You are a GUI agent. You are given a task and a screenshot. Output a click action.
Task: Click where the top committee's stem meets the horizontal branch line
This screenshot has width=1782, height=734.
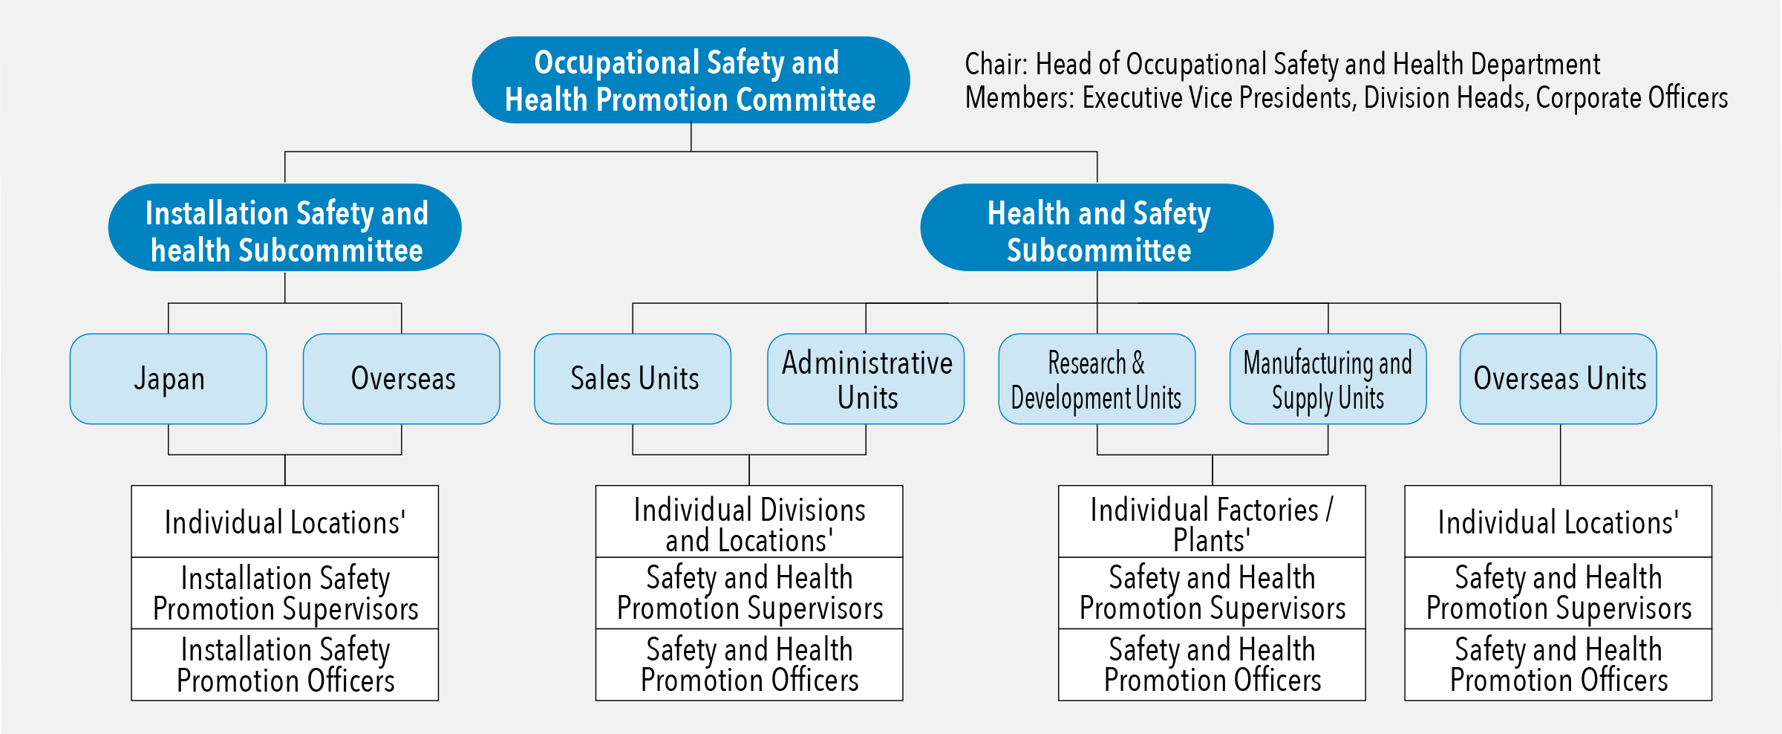691,152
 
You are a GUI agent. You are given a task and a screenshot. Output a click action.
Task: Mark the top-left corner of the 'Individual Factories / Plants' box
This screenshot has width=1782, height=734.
1059,486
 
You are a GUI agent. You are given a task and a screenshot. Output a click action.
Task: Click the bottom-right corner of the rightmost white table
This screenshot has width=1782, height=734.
1711,700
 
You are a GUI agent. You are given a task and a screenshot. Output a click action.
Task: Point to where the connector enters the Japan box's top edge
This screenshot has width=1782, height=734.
169,334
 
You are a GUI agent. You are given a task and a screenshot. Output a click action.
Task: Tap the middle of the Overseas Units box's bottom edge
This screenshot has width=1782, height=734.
1560,423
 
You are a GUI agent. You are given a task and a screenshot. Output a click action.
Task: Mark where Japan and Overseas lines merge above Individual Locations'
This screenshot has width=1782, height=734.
285,454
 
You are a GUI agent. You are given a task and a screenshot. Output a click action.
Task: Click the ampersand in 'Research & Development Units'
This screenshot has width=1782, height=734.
1138,363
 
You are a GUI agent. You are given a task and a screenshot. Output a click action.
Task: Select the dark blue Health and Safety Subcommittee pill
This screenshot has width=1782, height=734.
1097,227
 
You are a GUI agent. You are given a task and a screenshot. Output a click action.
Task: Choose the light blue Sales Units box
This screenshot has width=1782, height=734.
633,379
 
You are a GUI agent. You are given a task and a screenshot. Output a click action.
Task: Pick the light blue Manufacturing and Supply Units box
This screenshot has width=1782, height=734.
1328,379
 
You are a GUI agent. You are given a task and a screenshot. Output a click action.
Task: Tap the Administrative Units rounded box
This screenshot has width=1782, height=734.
866,379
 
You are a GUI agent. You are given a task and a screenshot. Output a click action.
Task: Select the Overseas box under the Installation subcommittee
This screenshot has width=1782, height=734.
402,379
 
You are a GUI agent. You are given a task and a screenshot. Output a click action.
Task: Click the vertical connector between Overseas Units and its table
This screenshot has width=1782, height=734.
1560,455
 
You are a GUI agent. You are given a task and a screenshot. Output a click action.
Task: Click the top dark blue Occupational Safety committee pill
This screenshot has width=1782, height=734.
691,80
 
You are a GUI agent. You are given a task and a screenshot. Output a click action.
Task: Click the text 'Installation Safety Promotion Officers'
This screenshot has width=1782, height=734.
286,665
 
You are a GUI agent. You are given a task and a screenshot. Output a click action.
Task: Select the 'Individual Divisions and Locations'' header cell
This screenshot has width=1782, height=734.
749,522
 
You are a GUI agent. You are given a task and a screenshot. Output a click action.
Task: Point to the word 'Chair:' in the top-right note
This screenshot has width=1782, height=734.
996,65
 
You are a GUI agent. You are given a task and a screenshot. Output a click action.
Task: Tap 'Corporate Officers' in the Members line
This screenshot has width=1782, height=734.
1632,98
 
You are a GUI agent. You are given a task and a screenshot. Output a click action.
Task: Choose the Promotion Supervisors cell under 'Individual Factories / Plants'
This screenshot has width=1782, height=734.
1212,593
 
